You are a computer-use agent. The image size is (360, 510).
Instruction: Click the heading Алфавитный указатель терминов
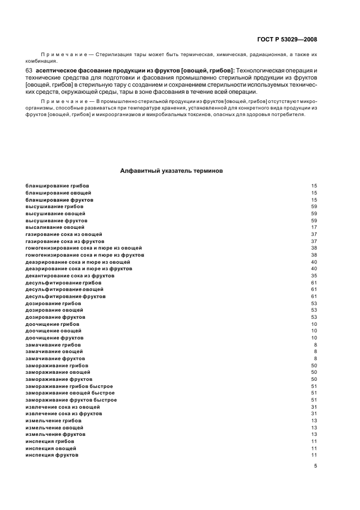pyautogui.click(x=171, y=170)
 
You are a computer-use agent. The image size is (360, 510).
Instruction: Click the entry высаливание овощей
pyautogui.click(x=55, y=227)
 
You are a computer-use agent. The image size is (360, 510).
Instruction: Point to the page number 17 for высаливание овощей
pyautogui.click(x=314, y=227)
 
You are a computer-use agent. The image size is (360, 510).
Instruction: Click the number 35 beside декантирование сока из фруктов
pyautogui.click(x=314, y=276)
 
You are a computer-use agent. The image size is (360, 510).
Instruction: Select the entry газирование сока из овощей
pyautogui.click(x=64, y=234)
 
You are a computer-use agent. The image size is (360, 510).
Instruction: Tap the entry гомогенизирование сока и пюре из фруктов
pyautogui.click(x=84, y=255)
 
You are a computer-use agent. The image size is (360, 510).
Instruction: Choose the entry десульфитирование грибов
pyautogui.click(x=63, y=283)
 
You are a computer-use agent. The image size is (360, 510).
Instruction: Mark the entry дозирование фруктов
pyautogui.click(x=56, y=317)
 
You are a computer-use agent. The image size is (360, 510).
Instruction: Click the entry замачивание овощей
pyautogui.click(x=54, y=351)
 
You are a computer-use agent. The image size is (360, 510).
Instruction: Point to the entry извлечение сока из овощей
pyautogui.click(x=63, y=407)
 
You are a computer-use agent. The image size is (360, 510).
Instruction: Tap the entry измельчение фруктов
pyautogui.click(x=55, y=435)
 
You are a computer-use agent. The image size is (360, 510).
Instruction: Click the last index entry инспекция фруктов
pyautogui.click(x=52, y=455)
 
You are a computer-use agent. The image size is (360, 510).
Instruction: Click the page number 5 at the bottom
pyautogui.click(x=315, y=466)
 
